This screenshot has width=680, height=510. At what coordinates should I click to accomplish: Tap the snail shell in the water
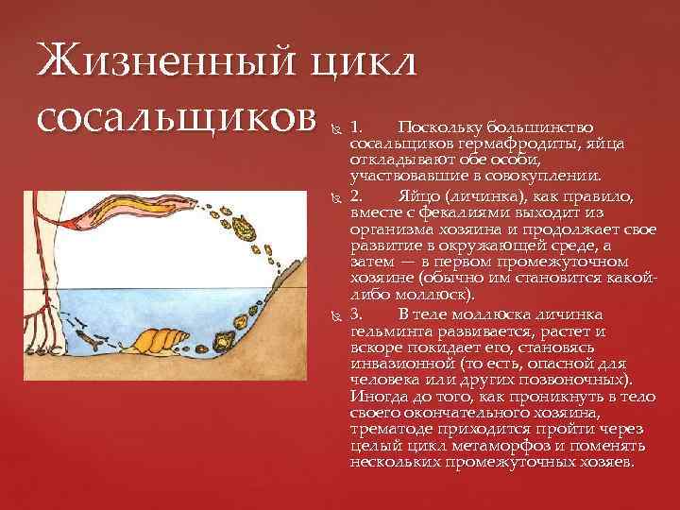coord(161,338)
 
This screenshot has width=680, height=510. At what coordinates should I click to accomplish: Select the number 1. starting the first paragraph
coord(356,127)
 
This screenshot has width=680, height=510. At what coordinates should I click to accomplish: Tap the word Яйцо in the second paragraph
coord(415,196)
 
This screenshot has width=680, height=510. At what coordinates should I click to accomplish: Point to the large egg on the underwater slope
coord(228,335)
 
